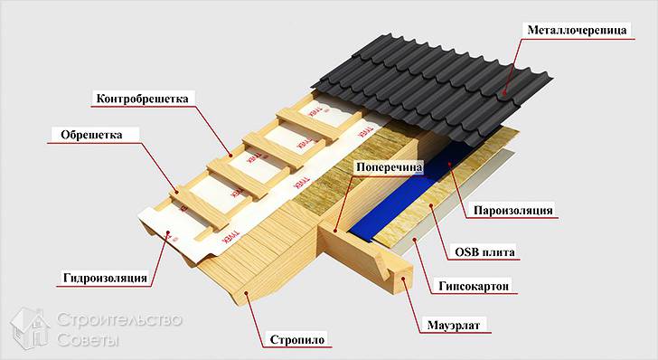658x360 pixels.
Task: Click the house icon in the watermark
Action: [x=28, y=328]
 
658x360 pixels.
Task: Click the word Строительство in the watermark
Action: [x=119, y=320]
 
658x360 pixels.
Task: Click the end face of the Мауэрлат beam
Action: [x=396, y=274]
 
